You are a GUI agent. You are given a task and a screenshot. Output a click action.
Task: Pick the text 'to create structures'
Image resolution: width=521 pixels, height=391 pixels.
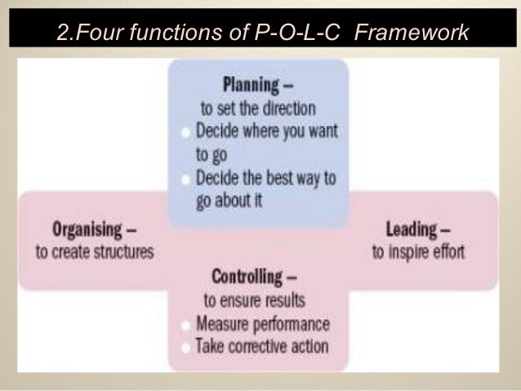94,251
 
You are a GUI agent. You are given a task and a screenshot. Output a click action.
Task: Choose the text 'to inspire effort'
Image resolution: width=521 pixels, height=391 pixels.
418,251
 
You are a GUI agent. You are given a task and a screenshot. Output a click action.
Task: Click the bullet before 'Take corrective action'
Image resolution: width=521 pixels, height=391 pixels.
188,345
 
